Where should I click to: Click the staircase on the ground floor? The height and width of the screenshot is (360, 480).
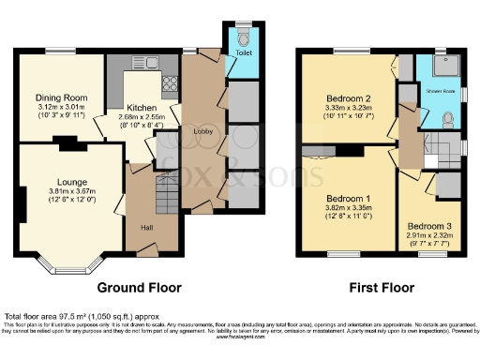pyautogui.click(x=141, y=202)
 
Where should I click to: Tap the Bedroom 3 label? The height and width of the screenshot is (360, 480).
pyautogui.click(x=428, y=227)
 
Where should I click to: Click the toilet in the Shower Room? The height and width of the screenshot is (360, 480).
pyautogui.click(x=449, y=119)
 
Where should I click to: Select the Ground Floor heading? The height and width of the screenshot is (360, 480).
pyautogui.click(x=139, y=287)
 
